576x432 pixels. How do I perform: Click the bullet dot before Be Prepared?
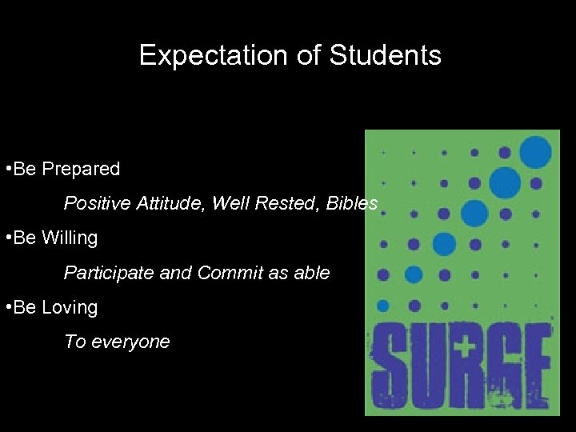(7, 169)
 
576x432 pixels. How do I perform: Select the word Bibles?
(353, 203)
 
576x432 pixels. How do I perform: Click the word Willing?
(70, 238)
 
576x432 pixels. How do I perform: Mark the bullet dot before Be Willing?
(7, 238)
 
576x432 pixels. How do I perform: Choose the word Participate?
(110, 273)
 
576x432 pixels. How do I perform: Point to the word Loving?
(70, 307)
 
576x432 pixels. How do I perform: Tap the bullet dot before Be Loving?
(7, 307)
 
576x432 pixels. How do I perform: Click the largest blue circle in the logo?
(535, 152)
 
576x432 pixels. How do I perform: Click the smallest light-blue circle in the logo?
(383, 306)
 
